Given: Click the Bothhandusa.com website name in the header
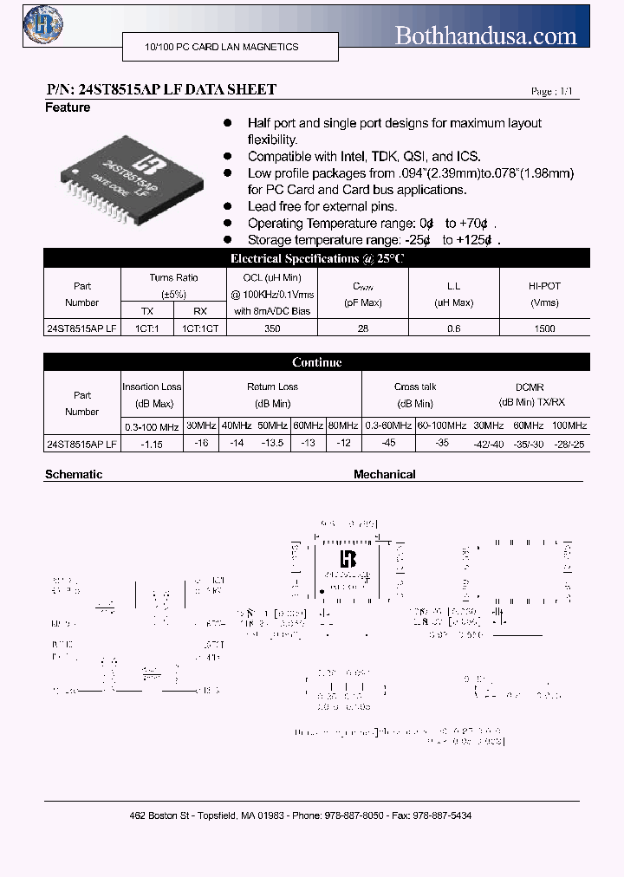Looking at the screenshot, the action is pyautogui.click(x=485, y=36).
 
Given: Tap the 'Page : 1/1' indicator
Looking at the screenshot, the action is pyautogui.click(x=551, y=91).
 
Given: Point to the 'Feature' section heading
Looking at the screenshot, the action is pyautogui.click(x=68, y=107).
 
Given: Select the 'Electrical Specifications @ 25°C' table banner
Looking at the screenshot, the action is pyautogui.click(x=317, y=258).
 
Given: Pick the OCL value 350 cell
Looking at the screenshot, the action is pyautogui.click(x=272, y=329).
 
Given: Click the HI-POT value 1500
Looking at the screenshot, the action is pyautogui.click(x=545, y=329).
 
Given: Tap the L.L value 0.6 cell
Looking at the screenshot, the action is pyautogui.click(x=453, y=329).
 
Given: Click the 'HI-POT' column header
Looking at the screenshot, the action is pyautogui.click(x=544, y=286).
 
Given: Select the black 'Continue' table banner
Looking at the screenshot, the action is pyautogui.click(x=317, y=362).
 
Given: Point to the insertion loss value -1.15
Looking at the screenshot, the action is pyautogui.click(x=153, y=444).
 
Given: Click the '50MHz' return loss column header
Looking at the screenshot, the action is pyautogui.click(x=273, y=426).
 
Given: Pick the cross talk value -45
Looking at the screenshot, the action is pyautogui.click(x=388, y=444).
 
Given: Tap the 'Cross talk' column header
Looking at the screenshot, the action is pyautogui.click(x=415, y=387).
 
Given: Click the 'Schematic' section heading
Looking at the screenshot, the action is pyautogui.click(x=74, y=475).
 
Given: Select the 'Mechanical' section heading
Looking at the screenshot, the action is pyautogui.click(x=384, y=475).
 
